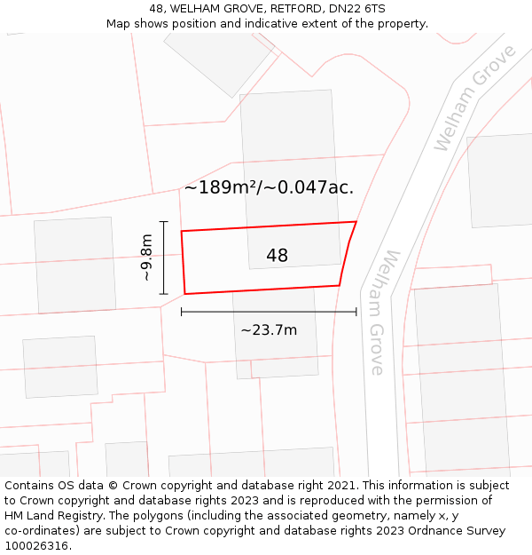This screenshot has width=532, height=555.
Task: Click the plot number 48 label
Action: (277, 256)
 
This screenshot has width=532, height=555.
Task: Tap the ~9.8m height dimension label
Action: (147, 257)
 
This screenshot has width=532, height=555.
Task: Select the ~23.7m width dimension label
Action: (268, 330)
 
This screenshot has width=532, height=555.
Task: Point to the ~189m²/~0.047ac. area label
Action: (269, 187)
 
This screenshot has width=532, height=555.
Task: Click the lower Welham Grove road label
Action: (384, 312)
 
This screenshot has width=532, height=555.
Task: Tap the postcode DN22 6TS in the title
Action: (354, 9)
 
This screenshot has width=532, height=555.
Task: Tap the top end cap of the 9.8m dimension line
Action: (164, 221)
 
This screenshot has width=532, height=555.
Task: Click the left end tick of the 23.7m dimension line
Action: (182, 312)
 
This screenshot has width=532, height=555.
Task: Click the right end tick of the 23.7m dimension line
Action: (356, 312)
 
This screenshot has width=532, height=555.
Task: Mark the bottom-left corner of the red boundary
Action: (184, 293)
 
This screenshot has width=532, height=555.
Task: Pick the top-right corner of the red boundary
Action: (356, 222)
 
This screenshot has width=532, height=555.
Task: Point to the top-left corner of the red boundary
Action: (182, 232)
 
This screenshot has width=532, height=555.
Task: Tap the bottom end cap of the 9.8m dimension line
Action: (164, 293)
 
